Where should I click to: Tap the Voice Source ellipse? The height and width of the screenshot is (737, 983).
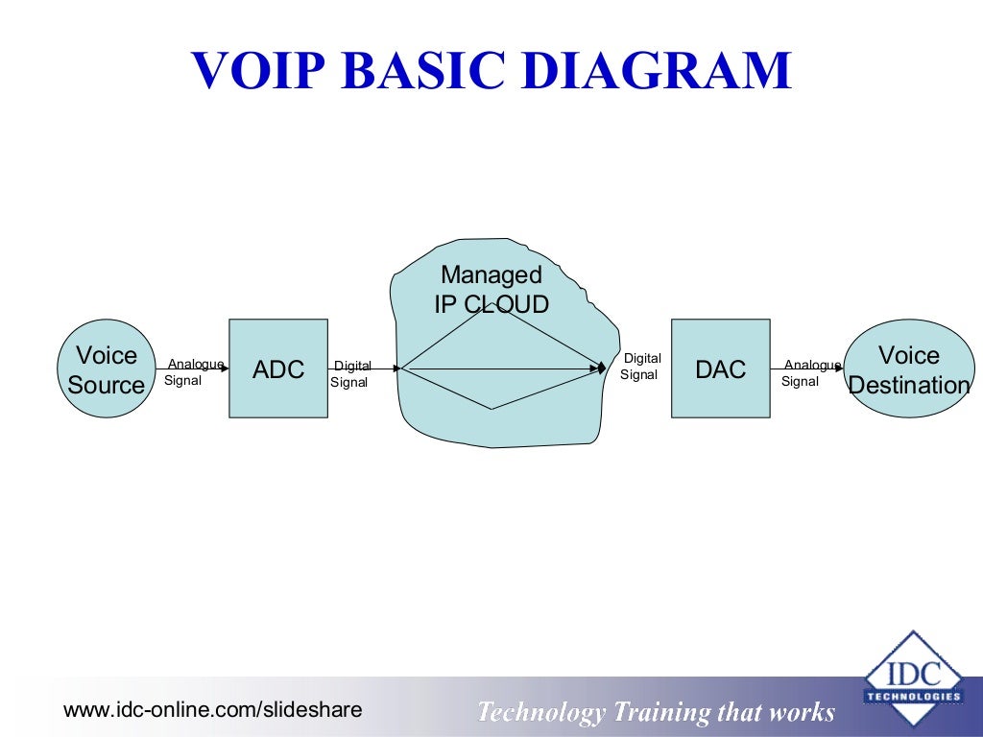point(106,369)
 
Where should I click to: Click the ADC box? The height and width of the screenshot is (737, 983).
point(278,368)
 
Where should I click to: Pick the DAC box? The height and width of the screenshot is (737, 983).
point(720,368)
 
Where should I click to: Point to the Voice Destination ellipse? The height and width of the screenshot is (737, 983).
point(909,369)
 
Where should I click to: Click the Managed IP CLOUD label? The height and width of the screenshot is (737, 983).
point(491,290)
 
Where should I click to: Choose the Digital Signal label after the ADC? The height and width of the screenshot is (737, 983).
point(351,374)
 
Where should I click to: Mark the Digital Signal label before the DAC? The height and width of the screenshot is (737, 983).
point(640,367)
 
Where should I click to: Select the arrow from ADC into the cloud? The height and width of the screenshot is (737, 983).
point(365,368)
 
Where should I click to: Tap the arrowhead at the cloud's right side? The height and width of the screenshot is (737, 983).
point(600,368)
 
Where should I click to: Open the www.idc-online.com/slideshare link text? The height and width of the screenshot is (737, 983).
point(212,710)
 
